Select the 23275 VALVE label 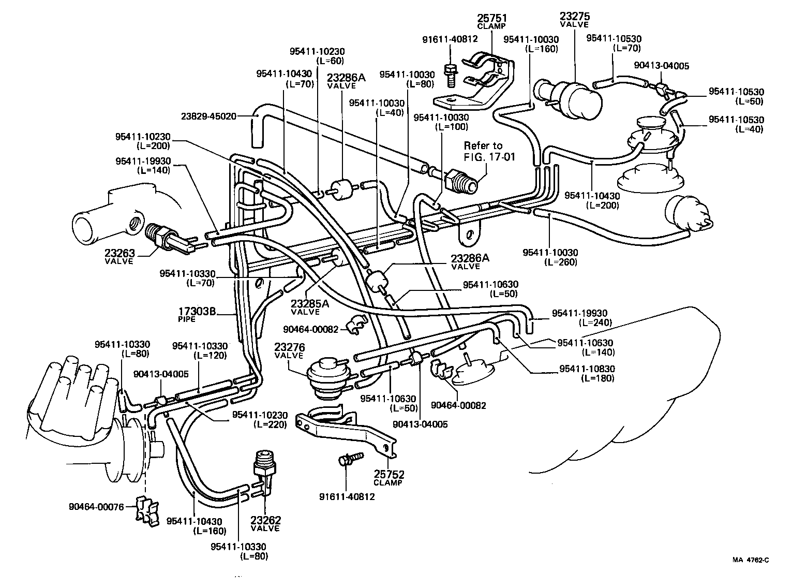tap(574, 20)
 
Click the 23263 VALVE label tap(119, 257)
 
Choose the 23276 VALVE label tap(290, 350)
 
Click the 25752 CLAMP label tap(388, 478)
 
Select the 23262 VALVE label tap(265, 523)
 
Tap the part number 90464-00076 tap(96, 507)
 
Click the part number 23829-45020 tap(208, 116)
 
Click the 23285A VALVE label tap(309, 307)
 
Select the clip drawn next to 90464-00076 tap(147, 509)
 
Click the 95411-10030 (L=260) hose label tap(550, 257)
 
